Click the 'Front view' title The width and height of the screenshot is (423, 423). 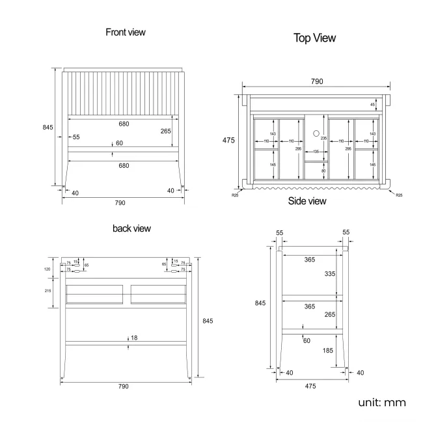tap(126, 32)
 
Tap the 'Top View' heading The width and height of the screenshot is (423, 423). tap(314, 38)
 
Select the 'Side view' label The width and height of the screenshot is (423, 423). tap(307, 201)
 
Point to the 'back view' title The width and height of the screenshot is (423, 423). tap(131, 228)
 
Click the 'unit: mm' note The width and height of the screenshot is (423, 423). tap(382, 402)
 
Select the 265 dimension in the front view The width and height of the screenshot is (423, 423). tap(166, 130)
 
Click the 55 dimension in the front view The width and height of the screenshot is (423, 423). tap(76, 137)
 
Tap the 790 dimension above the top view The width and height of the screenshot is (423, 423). tap(316, 81)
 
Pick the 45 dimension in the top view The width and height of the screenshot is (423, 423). tap(372, 105)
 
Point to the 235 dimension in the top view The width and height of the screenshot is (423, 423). tap(323, 137)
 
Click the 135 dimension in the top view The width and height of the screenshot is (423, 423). tap(316, 152)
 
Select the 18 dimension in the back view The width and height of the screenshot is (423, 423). tap(134, 338)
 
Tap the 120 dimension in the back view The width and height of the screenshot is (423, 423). tap(47, 269)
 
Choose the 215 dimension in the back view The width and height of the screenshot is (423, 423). tap(47, 290)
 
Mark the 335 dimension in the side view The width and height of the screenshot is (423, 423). tap(331, 274)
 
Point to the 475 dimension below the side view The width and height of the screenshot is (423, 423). tap(310, 386)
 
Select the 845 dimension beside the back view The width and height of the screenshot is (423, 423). tap(208, 321)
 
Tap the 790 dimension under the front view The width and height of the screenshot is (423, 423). tap(120, 203)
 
